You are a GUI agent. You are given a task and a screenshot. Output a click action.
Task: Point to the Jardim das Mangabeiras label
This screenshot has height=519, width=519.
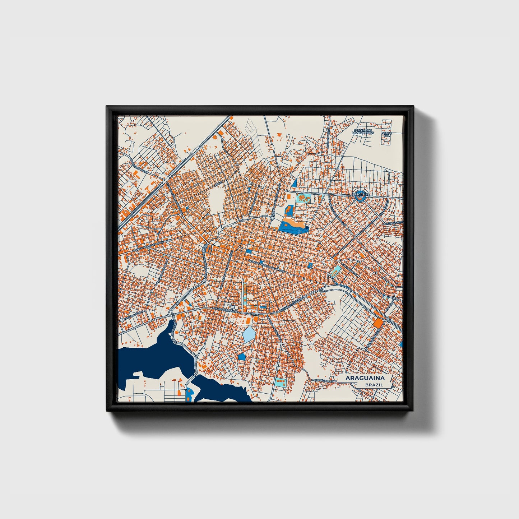pos(363,131)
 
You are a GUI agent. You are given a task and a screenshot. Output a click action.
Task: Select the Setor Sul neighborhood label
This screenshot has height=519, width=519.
pos(387,134)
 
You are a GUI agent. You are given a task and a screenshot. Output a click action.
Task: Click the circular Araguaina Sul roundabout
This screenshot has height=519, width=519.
pos(360,195)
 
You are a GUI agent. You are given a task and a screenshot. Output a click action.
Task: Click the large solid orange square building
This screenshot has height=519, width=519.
pos(378,323)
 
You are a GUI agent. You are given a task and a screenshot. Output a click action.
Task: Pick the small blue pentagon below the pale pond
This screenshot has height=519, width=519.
pos(242,356)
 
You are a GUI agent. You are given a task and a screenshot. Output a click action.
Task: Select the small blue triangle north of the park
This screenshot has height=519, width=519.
pos(295,184)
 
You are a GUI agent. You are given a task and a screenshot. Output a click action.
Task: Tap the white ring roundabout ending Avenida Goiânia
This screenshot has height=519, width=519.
pos(122,319)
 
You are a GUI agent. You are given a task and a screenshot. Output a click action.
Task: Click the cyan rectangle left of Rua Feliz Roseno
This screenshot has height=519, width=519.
pos(280,382)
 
